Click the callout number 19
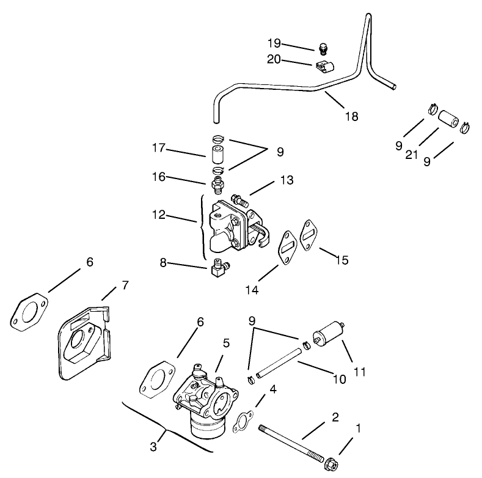coord(273,43)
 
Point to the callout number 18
coord(351,115)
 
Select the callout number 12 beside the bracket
coord(159,215)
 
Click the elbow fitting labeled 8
coord(217,268)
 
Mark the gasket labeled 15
coord(309,235)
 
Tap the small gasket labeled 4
coord(244,422)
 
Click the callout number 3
coord(153,447)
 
